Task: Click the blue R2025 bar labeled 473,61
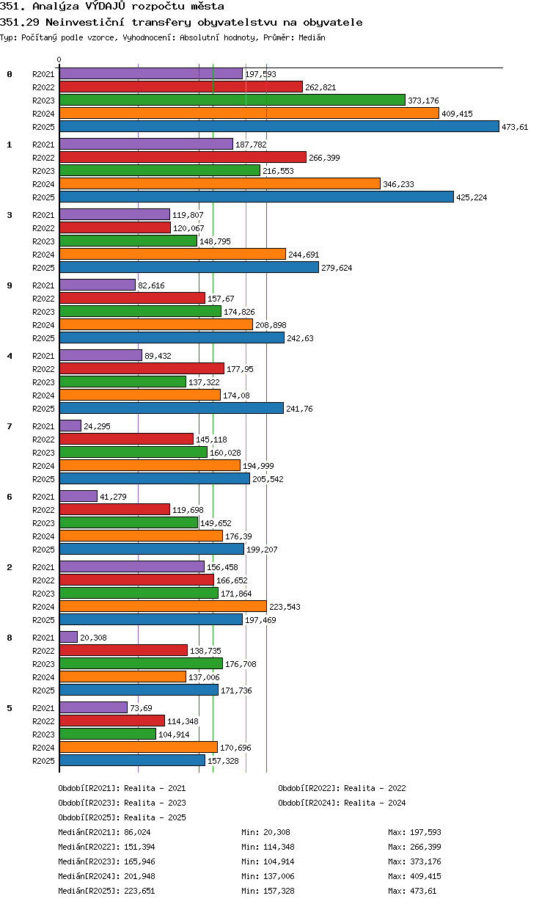pos(279,127)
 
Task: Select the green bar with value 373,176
pos(232,100)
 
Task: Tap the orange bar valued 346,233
pos(220,184)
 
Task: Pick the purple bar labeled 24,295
pos(70,426)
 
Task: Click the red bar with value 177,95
pos(142,368)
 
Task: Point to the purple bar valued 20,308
pos(68,637)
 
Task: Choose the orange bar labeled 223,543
pos(163,606)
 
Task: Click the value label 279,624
pos(337,268)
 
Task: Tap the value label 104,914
pos(174,734)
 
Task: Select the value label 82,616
pos(151,285)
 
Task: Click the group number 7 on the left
pos(10,426)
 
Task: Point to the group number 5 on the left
pos(10,708)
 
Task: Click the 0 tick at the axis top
pos(59,59)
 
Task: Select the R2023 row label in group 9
pos(43,312)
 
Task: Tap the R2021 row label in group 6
pos(43,497)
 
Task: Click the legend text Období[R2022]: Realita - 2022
pos(342,788)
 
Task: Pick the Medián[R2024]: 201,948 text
pos(106,876)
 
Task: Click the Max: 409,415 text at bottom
pos(414,876)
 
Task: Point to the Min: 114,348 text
pos(268,847)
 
